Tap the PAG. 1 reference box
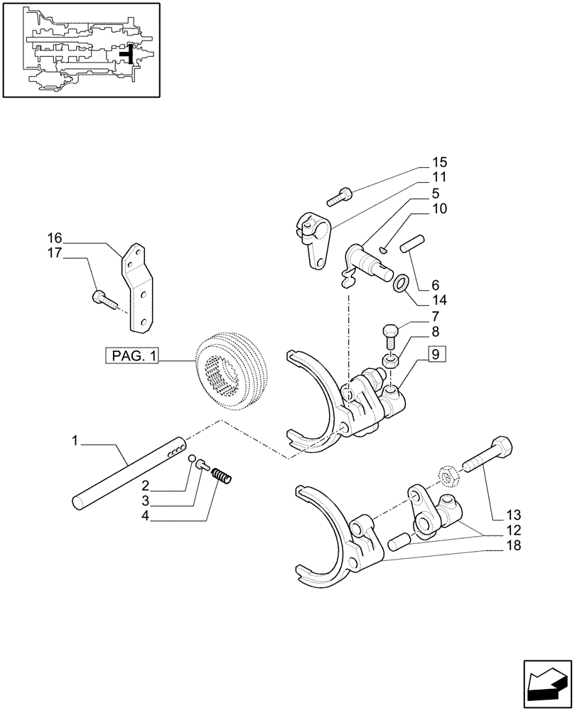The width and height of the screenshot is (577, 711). (132, 355)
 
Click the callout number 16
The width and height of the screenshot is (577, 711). (55, 237)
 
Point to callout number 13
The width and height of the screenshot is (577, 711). (512, 514)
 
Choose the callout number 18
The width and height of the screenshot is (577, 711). (512, 545)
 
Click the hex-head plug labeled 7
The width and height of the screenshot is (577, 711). (389, 331)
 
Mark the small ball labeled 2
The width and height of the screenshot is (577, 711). (193, 459)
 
